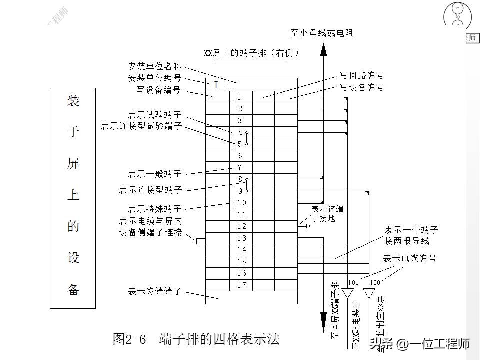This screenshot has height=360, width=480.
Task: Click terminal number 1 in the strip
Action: coord(239,97)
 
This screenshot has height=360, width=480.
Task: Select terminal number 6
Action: coord(240,156)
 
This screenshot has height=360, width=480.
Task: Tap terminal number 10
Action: coord(241,203)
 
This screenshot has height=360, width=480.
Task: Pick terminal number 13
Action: coord(241,238)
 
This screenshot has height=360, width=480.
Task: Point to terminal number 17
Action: coord(241,285)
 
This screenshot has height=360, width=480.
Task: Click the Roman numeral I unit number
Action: coord(216,85)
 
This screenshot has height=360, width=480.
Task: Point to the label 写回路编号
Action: coord(362,76)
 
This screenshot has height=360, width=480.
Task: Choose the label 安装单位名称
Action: coord(155,66)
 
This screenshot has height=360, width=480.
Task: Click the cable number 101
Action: coord(353,283)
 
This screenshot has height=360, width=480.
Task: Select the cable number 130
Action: coord(375,283)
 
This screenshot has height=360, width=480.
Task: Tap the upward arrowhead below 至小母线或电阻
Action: coord(323,49)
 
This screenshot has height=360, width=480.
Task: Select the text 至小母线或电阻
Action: coord(322,33)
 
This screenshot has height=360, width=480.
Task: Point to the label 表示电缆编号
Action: coord(410,259)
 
